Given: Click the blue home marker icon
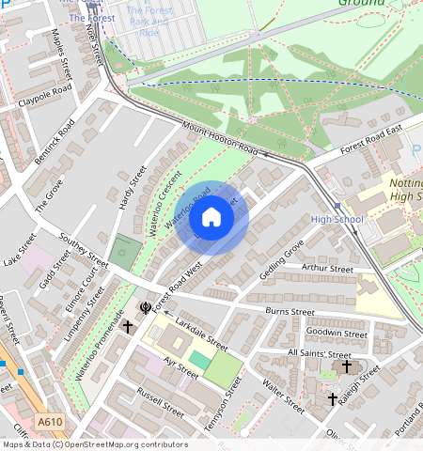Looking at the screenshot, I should point(211,218).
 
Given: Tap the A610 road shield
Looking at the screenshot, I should point(51,422).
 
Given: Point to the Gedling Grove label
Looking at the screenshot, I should point(281,257).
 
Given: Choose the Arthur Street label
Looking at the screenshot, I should point(327,269).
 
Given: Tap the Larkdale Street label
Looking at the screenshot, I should point(202,333).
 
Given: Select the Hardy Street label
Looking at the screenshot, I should point(133,188).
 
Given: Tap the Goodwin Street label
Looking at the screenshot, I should point(337,333).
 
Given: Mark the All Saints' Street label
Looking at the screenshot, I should point(319,352).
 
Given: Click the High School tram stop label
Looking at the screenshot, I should point(336,220).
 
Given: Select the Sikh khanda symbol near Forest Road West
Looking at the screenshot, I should point(145,306).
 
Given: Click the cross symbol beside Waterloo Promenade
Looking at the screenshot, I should point(127,326).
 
